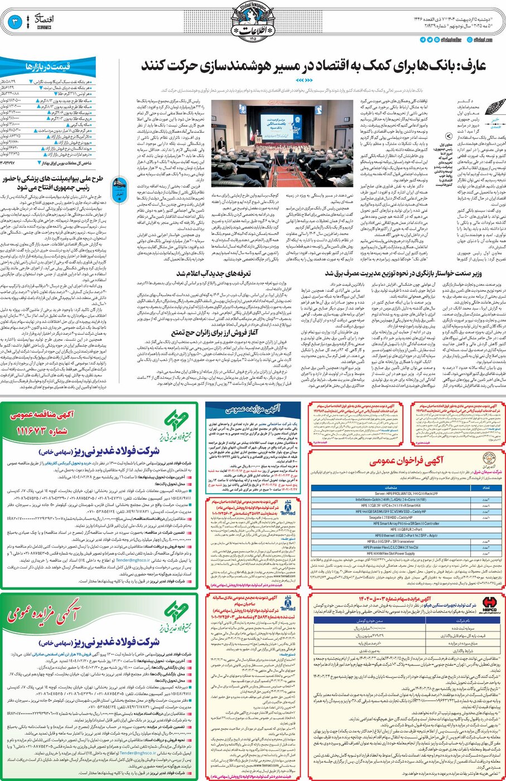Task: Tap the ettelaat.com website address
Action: click(483, 40)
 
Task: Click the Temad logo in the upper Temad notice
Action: click(288, 508)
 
